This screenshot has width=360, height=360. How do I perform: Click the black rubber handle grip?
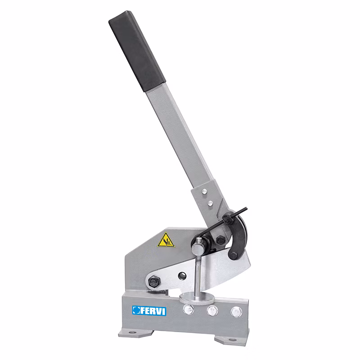tap(137, 51)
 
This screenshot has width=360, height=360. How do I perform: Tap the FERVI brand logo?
tap(149, 310)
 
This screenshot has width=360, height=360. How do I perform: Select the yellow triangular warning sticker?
tap(166, 240)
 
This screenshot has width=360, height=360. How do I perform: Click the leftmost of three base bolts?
tap(188, 309)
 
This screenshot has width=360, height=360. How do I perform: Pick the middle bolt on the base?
tap(212, 310)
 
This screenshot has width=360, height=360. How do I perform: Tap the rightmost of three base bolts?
tap(236, 312)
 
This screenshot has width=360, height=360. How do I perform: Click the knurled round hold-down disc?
tap(197, 298)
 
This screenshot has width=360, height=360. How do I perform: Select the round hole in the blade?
tap(182, 276)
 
